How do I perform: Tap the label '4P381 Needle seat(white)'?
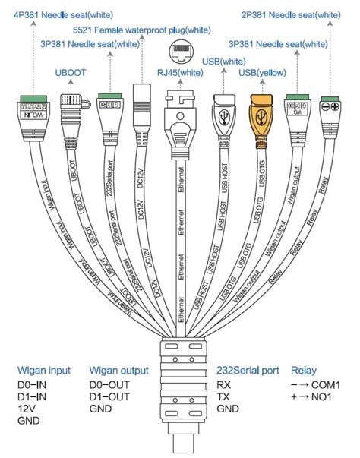click(58, 14)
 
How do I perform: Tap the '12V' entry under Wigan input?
click(27, 409)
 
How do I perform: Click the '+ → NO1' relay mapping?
click(314, 396)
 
